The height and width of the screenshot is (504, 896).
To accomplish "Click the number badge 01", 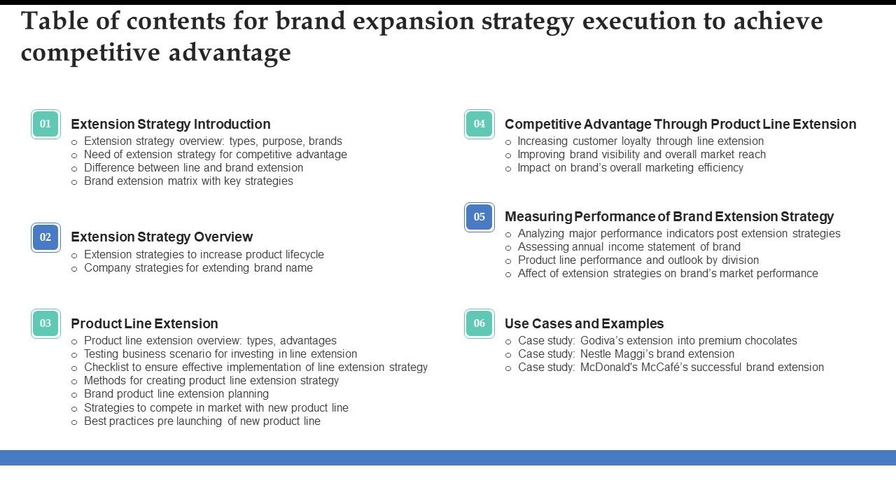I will click(45, 124).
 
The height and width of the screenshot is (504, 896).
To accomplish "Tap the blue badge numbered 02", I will click(45, 237).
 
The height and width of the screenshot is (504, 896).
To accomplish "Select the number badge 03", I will click(45, 323).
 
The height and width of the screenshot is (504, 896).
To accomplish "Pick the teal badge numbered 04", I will click(479, 124).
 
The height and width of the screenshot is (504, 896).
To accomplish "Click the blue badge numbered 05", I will click(479, 217).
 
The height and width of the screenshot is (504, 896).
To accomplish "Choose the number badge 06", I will click(479, 323).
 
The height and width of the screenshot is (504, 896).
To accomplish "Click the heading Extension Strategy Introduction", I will click(170, 124).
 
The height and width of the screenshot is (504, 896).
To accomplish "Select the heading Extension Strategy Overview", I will click(162, 237).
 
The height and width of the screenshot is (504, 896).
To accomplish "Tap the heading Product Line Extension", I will click(144, 323).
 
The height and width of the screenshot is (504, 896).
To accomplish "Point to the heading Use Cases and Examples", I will click(584, 323).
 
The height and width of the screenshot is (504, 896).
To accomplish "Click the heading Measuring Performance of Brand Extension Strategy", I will click(669, 217).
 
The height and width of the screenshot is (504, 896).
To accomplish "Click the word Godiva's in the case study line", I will click(603, 341).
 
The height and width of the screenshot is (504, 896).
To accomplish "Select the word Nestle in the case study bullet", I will click(596, 354).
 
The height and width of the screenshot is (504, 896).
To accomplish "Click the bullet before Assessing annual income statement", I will click(508, 248).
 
